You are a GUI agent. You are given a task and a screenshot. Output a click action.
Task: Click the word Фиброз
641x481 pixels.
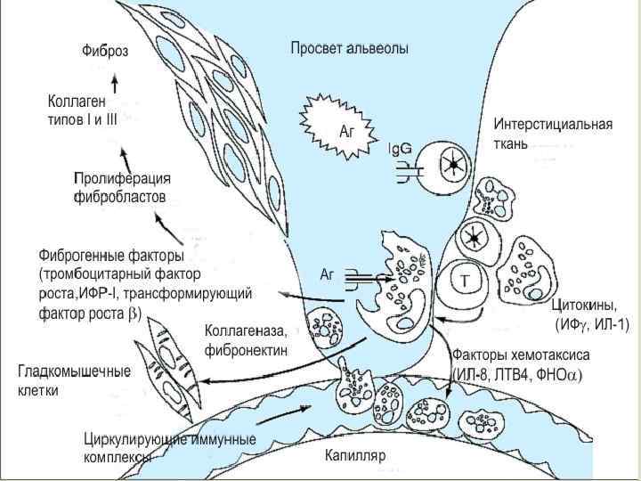point(105,52)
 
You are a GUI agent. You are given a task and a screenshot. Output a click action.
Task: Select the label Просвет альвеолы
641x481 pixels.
point(350,48)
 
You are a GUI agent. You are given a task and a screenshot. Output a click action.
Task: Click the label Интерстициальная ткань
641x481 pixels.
point(553,133)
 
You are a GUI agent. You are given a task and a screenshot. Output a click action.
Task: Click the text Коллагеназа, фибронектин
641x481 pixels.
point(246,339)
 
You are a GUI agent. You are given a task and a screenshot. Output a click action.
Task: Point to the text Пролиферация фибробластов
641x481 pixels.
point(122,187)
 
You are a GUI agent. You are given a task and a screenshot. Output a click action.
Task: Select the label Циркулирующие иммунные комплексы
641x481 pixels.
point(169,447)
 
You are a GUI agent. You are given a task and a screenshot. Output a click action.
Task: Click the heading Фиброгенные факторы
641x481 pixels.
point(111,256)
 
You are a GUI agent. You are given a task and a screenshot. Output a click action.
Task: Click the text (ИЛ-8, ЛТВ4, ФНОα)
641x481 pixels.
point(517,374)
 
